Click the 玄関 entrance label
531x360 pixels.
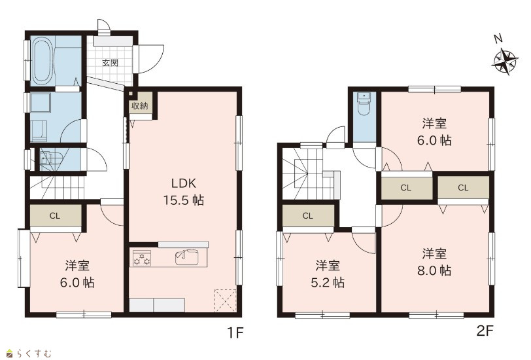point(111,63)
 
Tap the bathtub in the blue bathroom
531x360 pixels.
point(42,61)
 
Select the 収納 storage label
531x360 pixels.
point(139,106)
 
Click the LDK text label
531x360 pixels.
point(184,183)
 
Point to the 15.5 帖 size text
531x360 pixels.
point(184,200)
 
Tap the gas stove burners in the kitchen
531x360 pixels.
point(142,258)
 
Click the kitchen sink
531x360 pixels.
point(187,257)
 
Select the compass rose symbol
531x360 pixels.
point(505,62)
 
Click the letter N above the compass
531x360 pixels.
point(497,39)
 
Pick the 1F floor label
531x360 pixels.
point(235,333)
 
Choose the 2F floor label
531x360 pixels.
point(485,331)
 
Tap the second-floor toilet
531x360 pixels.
point(364,103)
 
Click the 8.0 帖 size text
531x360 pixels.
point(434,270)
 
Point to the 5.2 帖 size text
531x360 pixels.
point(328,282)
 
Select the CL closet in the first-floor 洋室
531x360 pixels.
point(55,215)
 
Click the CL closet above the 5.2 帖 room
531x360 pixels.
point(308,215)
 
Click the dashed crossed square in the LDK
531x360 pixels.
point(225,300)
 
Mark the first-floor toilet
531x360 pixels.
point(51,159)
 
